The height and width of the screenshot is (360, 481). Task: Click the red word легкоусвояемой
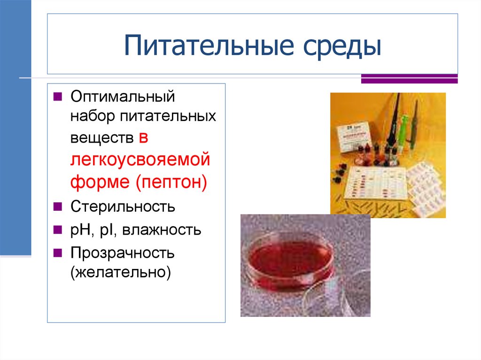pyautogui.click(x=140, y=159)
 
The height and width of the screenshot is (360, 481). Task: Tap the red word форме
pyautogui.click(x=101, y=181)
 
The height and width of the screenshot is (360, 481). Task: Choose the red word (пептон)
pyautogui.click(x=172, y=181)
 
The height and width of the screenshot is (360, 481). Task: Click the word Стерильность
pyautogui.click(x=123, y=207)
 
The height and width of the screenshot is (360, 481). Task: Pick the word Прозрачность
pyautogui.click(x=123, y=253)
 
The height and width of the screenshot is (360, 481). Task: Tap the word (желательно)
pyautogui.click(x=120, y=272)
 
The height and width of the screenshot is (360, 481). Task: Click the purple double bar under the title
pyautogui.click(x=409, y=78)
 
